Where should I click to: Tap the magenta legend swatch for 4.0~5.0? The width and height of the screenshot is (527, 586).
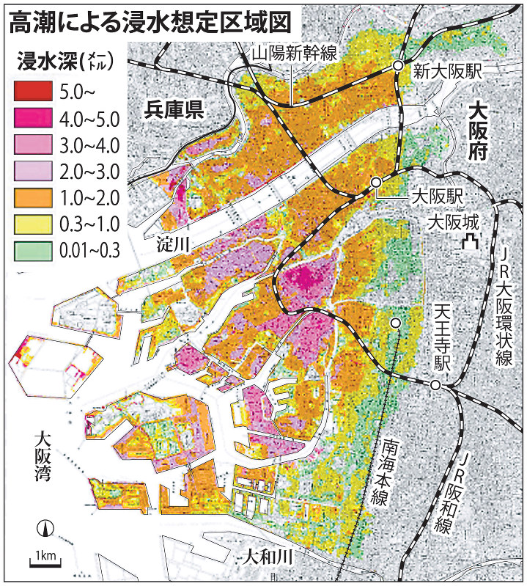33,117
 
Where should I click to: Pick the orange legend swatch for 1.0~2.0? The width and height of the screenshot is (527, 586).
33,197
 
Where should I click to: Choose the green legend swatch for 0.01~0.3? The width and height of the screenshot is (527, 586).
33,250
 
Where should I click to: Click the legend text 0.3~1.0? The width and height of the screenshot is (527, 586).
88,224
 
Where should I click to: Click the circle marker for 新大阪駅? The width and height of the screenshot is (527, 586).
398,66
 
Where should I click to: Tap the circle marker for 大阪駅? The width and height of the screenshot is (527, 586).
375,181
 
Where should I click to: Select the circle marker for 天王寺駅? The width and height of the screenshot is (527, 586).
435,385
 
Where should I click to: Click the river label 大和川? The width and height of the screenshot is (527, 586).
268,557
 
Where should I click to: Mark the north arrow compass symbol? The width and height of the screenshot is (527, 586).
45,529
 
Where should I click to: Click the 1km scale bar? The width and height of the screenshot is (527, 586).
45,557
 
